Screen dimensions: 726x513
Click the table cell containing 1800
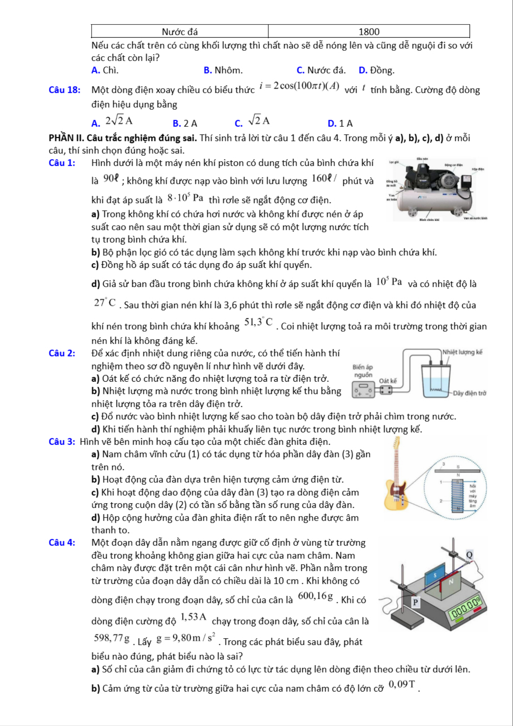pos(369,32)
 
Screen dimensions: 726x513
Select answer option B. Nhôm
pos(223,70)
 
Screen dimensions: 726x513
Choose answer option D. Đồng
pos(376,70)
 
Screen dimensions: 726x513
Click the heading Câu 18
pos(64,90)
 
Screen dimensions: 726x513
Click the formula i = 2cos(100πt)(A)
pos(299,86)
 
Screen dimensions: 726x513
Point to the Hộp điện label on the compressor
pos(478,169)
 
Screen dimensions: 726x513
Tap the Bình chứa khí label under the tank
pos(429,220)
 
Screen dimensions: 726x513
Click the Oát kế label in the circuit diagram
pos(388,381)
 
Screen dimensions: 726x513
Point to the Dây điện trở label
pos(469,393)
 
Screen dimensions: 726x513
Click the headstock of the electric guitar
pos(397,443)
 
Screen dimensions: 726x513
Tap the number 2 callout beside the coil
pos(441,501)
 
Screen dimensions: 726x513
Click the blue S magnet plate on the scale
pos(435,576)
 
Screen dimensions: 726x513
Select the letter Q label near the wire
pos(469,555)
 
